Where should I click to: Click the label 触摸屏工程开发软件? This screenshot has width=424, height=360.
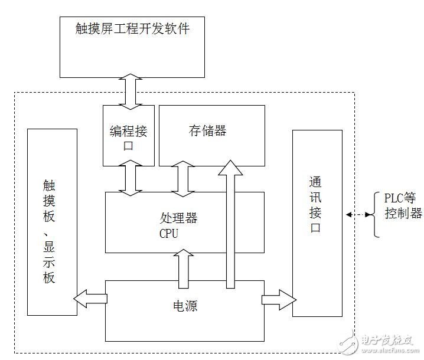click(x=133, y=28)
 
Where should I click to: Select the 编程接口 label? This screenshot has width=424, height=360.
click(x=128, y=137)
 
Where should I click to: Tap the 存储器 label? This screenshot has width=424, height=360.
click(x=208, y=130)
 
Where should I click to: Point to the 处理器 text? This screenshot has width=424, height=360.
click(x=178, y=218)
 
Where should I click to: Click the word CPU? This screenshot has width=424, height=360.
click(x=168, y=233)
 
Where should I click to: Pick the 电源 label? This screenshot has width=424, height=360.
click(x=185, y=306)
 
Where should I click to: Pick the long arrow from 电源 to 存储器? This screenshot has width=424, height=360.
click(x=230, y=224)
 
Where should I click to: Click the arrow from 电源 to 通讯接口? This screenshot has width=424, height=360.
click(x=277, y=299)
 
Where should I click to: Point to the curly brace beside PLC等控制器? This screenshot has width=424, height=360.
click(x=376, y=214)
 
